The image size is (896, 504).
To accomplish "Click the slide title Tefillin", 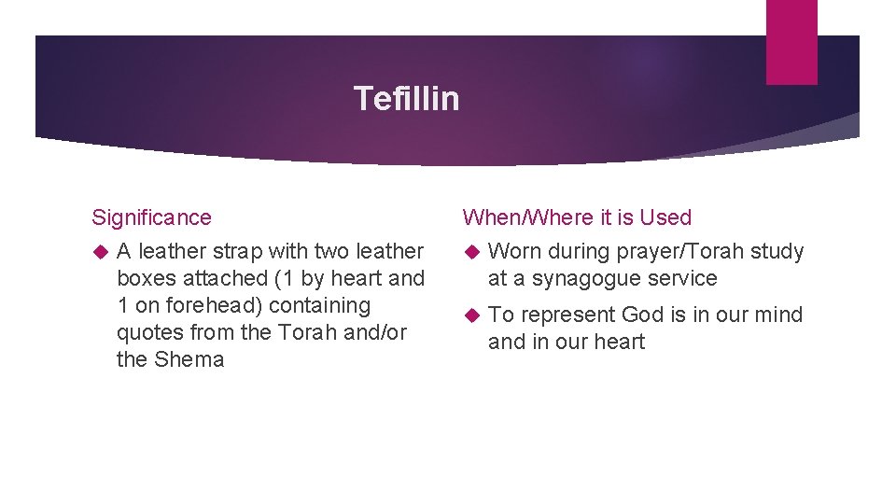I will pos(406,98).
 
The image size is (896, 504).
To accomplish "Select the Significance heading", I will pos(151,217).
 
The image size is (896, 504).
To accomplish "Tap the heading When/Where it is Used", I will pos(577,217).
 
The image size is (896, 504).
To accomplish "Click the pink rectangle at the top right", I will pos(791,42).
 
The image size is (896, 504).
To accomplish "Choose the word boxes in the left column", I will pos(145,278).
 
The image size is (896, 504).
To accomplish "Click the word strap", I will pos(241,251).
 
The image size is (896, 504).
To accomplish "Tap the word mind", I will pos(779,315).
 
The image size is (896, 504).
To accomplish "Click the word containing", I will pos(320,305).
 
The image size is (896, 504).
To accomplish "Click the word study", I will pos(777,251).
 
